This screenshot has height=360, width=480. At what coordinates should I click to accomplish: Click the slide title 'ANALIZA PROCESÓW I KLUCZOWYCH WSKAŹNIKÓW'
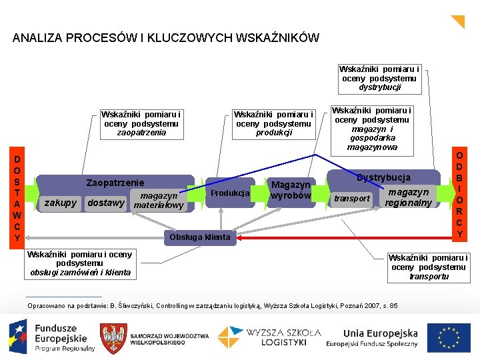pos(165,38)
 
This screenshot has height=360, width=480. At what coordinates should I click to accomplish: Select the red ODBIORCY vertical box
pos(459,194)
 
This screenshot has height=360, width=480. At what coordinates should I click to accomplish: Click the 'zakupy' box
pos(61,203)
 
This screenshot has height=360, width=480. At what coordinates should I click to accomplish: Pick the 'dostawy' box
pos(106,203)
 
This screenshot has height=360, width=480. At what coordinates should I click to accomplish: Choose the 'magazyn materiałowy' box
pos(159,200)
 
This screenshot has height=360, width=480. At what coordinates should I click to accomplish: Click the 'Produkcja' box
pos(229,193)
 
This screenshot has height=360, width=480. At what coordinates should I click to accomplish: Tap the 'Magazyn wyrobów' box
pos(290,190)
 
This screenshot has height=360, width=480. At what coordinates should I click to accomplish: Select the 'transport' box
pos(351,199)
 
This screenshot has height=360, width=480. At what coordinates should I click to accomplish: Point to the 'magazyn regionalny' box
pos(408,197)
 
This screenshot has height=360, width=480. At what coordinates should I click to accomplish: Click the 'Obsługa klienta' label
pos(200,237)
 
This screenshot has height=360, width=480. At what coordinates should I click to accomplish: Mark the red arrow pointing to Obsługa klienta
pos(347,237)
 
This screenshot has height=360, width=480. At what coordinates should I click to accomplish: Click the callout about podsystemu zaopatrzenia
pos(141,123)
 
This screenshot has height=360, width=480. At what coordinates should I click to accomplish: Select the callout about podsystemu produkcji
pos(273,123)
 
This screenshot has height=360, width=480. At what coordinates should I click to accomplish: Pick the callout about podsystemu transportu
pos(429,267)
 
